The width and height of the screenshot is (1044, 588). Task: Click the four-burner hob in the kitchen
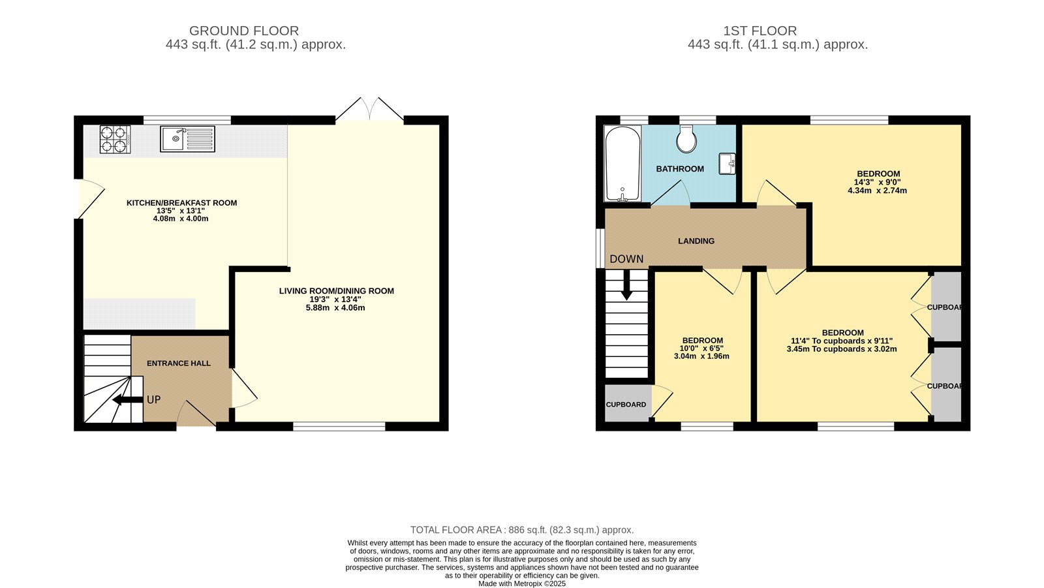tap(114, 139)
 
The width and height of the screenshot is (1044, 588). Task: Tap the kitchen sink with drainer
tap(187, 139)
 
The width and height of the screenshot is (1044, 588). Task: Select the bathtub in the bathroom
tap(622, 163)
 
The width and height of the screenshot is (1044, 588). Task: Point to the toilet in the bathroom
tap(686, 138)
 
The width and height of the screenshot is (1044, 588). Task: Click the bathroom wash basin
tap(728, 164)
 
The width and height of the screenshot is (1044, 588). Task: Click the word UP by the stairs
tap(153, 399)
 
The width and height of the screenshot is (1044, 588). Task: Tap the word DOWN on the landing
tap(626, 259)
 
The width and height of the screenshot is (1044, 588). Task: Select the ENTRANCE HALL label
tap(179, 364)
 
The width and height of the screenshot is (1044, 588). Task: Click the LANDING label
tap(696, 241)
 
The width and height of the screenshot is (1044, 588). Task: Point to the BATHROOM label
tap(680, 169)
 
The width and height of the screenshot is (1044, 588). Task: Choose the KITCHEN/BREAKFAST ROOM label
tap(181, 203)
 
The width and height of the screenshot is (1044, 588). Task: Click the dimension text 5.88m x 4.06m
tap(335, 307)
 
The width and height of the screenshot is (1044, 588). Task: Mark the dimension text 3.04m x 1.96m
tap(702, 356)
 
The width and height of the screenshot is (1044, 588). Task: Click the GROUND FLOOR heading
tap(244, 31)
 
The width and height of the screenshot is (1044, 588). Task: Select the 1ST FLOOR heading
tap(760, 31)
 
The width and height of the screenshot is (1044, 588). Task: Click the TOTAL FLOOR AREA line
tap(521, 530)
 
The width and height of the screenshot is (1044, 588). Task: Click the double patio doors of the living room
tap(369, 110)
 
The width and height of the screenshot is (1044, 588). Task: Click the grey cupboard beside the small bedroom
tap(626, 403)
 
